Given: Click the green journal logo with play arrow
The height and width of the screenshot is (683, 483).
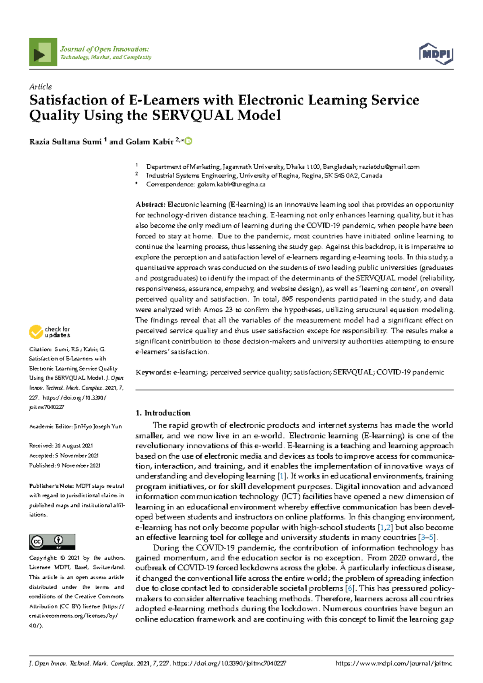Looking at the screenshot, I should [x=43, y=52].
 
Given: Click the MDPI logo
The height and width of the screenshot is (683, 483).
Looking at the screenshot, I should [x=436, y=54].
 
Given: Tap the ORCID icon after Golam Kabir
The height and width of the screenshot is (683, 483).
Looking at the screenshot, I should [x=188, y=141].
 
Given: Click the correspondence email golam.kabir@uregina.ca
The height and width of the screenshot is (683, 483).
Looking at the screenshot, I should [x=231, y=184].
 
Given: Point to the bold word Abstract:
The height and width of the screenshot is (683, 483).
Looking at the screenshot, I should [x=151, y=205].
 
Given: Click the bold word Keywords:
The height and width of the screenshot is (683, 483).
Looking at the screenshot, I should [x=153, y=372].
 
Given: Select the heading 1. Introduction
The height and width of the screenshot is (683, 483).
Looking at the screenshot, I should [x=163, y=413].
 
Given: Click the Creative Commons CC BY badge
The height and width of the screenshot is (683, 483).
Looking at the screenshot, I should [x=52, y=542].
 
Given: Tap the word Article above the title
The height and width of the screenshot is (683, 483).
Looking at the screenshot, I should [x=40, y=87].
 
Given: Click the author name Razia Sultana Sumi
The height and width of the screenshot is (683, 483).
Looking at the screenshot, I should [x=65, y=142].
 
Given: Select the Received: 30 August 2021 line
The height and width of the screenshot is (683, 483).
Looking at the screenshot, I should [x=61, y=446].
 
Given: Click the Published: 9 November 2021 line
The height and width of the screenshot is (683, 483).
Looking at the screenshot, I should [x=65, y=466].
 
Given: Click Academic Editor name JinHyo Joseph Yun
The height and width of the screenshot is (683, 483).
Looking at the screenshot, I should [x=98, y=426].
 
